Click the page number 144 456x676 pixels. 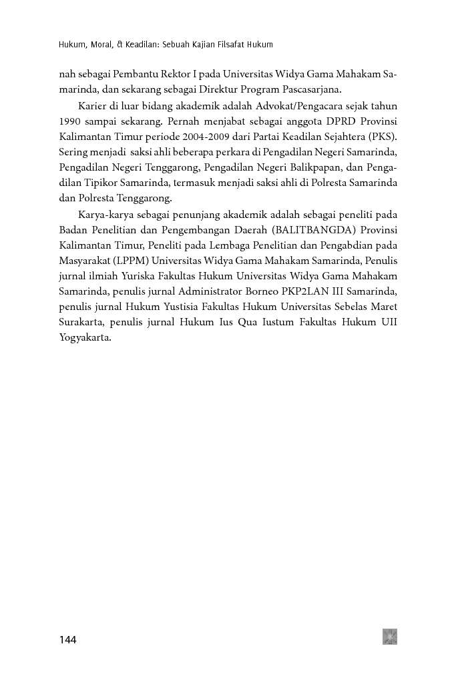[68, 640]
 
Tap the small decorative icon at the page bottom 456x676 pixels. [390, 636]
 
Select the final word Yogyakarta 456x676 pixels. [83, 337]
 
